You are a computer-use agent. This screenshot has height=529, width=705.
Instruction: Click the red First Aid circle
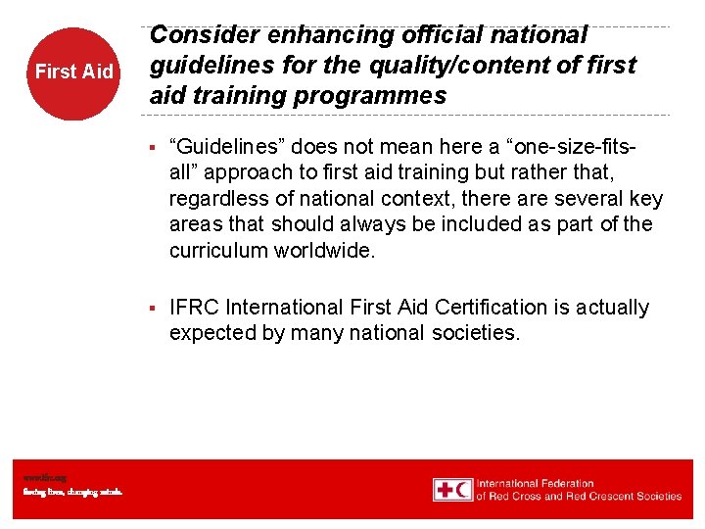click(73, 72)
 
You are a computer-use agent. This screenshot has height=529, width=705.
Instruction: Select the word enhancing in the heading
click(323, 35)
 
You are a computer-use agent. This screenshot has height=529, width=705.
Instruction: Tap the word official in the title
click(435, 35)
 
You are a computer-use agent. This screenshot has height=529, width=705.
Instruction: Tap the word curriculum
click(220, 250)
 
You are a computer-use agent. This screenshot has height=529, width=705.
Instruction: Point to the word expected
click(209, 333)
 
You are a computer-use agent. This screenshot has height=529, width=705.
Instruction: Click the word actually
click(612, 308)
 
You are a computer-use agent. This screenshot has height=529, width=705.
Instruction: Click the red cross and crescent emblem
click(452, 490)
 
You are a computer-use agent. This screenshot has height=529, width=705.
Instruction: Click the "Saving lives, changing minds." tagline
click(72, 492)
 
